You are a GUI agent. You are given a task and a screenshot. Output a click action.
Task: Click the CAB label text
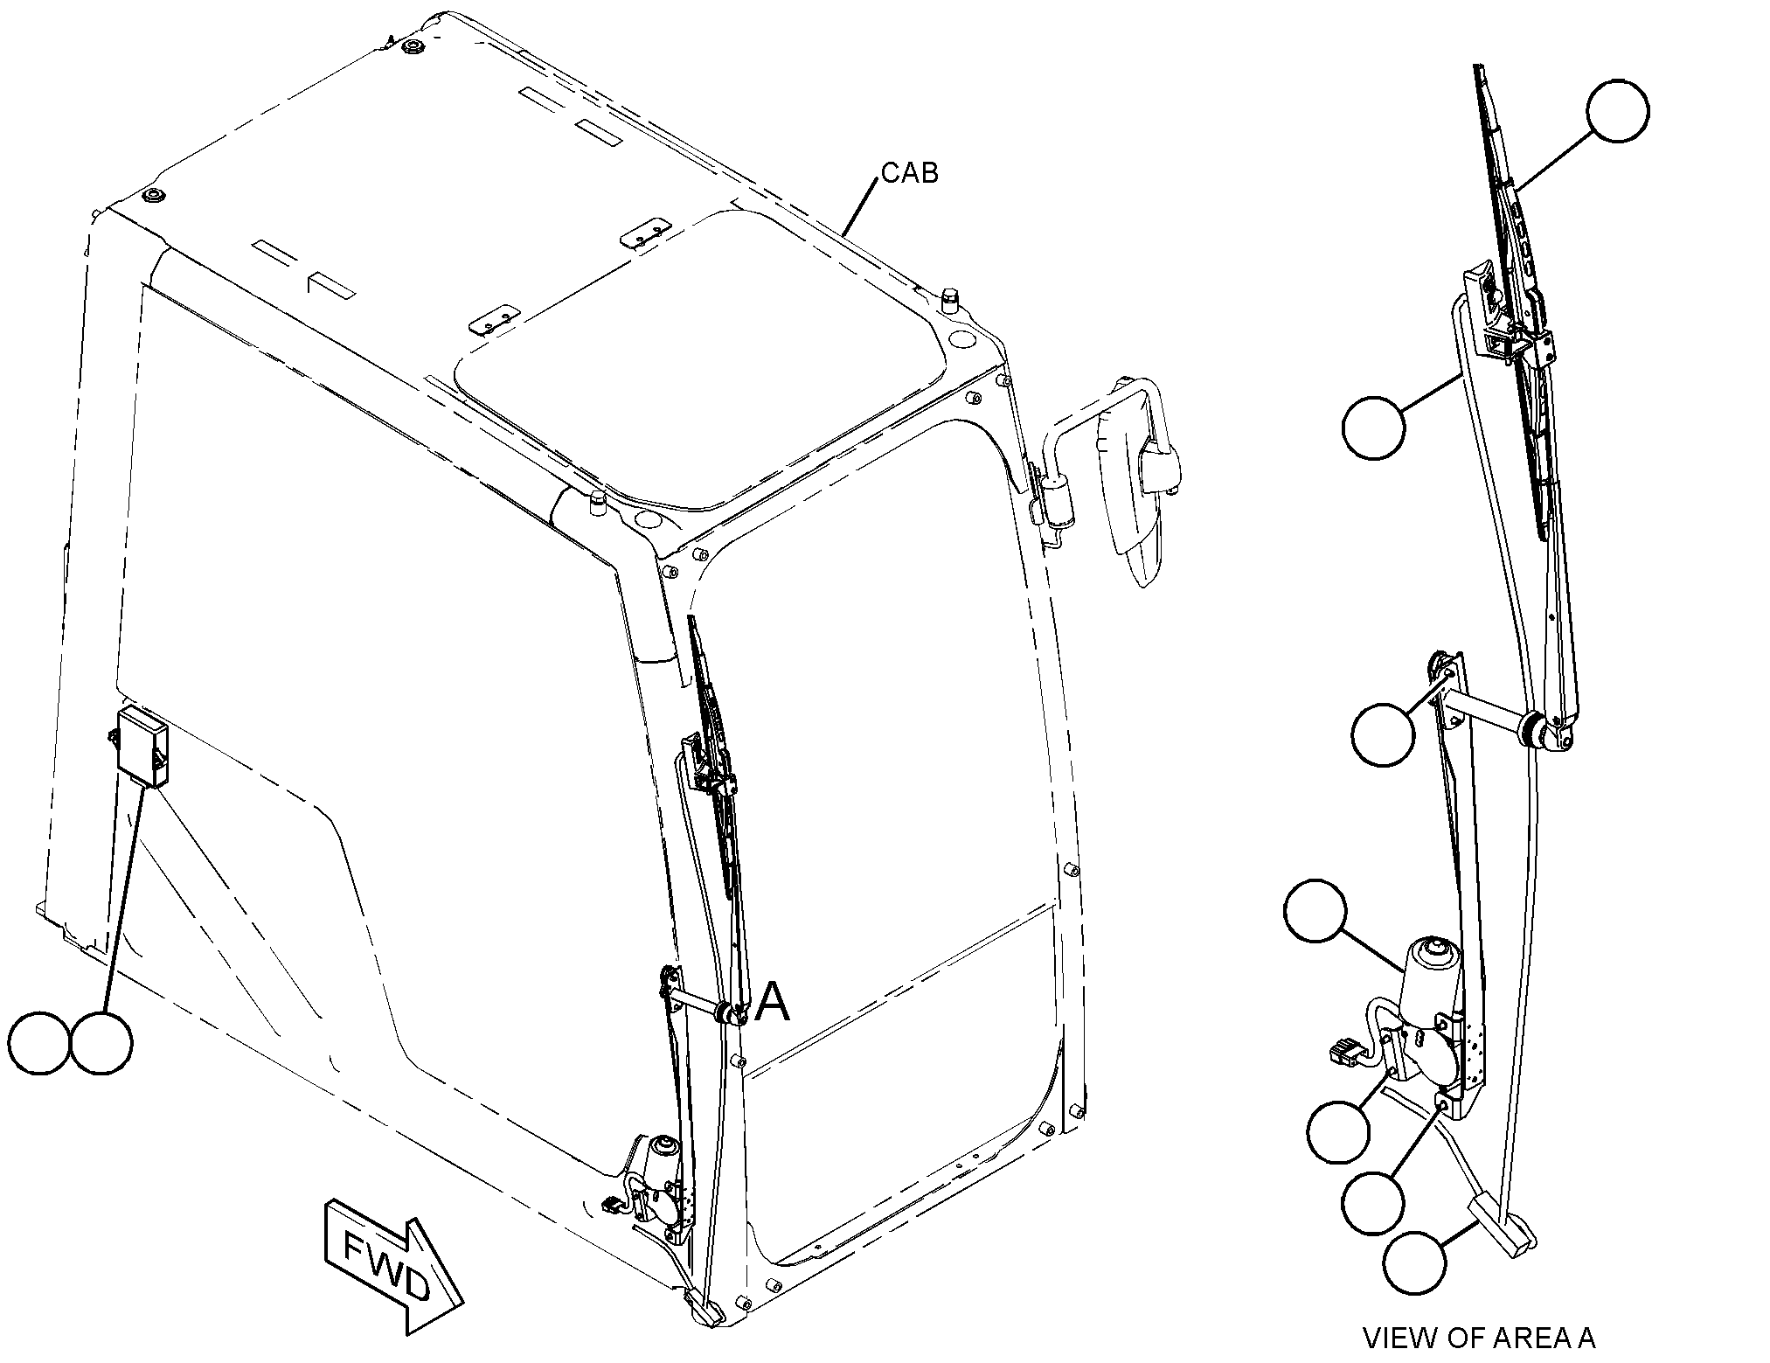click(x=909, y=173)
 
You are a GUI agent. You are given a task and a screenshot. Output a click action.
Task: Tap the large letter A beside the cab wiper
click(x=773, y=1002)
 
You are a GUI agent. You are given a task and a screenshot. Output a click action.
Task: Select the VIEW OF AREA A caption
click(x=1479, y=1337)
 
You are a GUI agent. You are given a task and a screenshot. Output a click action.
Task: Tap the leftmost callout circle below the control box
click(x=38, y=1043)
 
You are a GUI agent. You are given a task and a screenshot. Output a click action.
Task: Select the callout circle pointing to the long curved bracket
click(x=1374, y=427)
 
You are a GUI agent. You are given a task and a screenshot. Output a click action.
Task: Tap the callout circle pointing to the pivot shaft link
click(x=1382, y=734)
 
